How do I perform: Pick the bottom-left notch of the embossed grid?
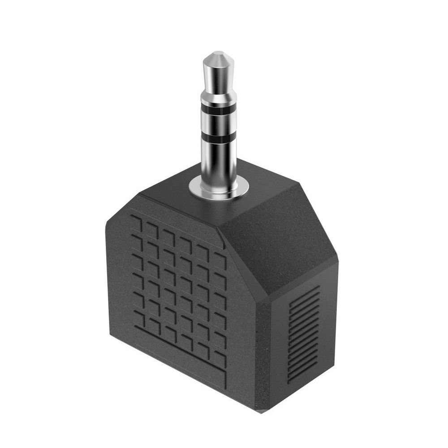click(x=139, y=320)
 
